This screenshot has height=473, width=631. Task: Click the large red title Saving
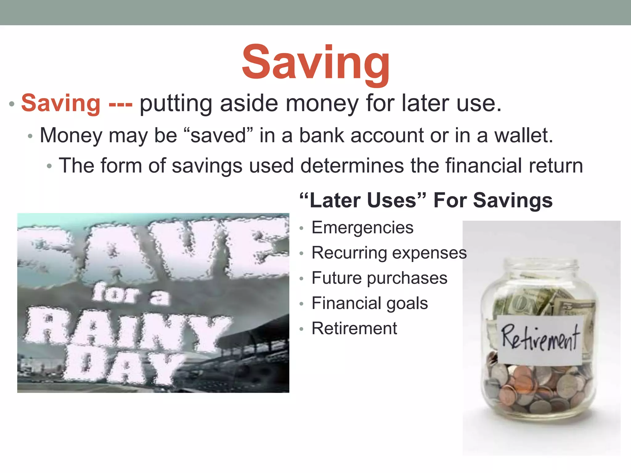click(315, 63)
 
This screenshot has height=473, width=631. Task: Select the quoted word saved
click(218, 135)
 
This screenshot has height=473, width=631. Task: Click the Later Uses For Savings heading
click(426, 200)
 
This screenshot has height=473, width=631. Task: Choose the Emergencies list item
click(362, 228)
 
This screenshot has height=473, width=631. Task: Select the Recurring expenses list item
click(389, 253)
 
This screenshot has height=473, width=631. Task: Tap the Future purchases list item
click(379, 278)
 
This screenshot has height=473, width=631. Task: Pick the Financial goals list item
click(370, 303)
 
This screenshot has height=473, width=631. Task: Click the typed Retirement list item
click(354, 328)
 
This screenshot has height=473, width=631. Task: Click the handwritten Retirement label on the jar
click(540, 339)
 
